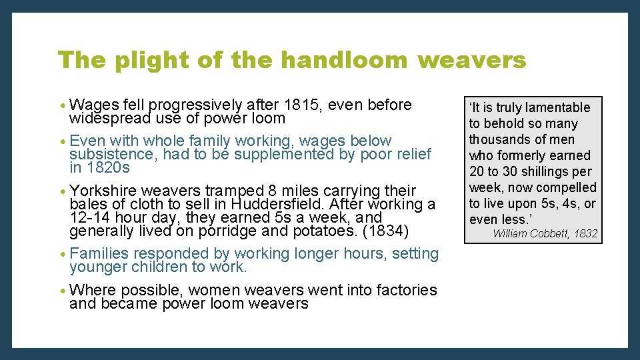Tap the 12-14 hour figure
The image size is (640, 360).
91,217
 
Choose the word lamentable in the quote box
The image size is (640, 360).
559,107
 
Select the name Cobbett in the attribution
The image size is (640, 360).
547,233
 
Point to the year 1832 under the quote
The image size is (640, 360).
585,233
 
